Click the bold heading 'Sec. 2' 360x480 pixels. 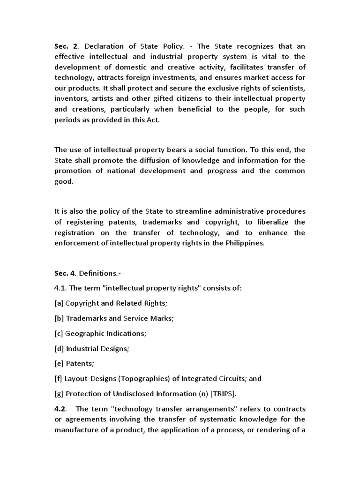coord(65,45)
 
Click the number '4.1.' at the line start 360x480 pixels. coord(61,288)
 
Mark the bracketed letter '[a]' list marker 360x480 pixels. coord(59,303)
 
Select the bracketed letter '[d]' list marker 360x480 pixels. coord(59,349)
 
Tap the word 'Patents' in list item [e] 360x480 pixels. coord(78,364)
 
